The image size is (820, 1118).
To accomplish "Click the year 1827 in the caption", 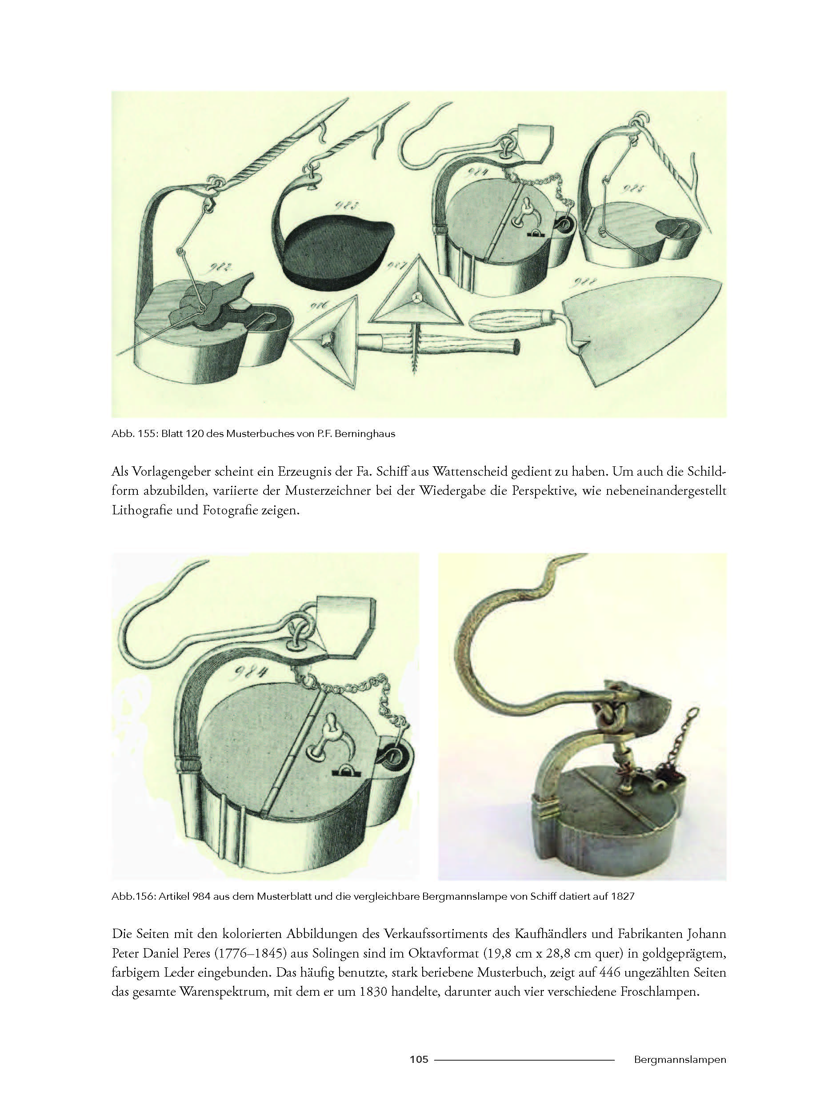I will click(x=624, y=897).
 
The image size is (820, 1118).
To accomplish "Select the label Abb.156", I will click(x=133, y=897).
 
